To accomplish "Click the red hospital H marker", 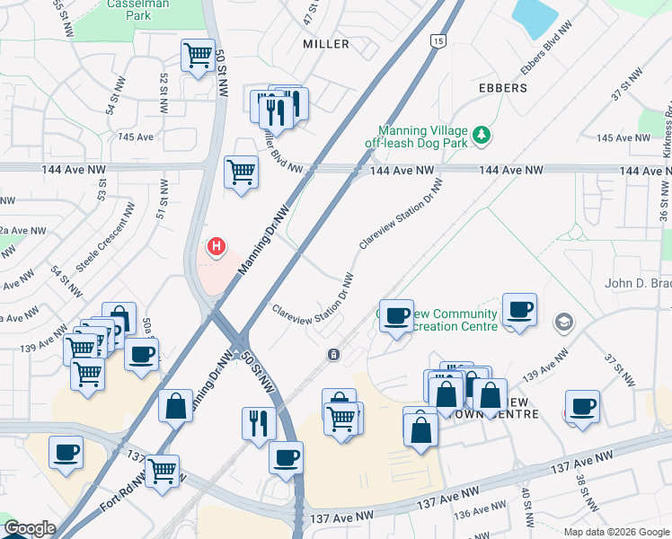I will coord(216,245).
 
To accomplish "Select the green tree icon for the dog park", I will coord(482,135).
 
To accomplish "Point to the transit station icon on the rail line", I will coord(333,355).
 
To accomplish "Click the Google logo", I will coord(30,528).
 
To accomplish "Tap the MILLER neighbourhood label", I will coord(325,43).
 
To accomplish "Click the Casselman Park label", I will coord(152,10).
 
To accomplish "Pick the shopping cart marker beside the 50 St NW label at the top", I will coord(198,55).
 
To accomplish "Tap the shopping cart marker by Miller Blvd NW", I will coord(241,171).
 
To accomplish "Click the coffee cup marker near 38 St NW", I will coord(582,406).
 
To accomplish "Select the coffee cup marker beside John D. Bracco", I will coord(519,310).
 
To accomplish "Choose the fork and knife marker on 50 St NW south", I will coord(259,422).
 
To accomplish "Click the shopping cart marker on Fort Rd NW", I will coord(163,469).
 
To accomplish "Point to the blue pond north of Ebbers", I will coord(535,18).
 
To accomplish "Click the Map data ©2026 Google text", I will coord(616,532).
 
